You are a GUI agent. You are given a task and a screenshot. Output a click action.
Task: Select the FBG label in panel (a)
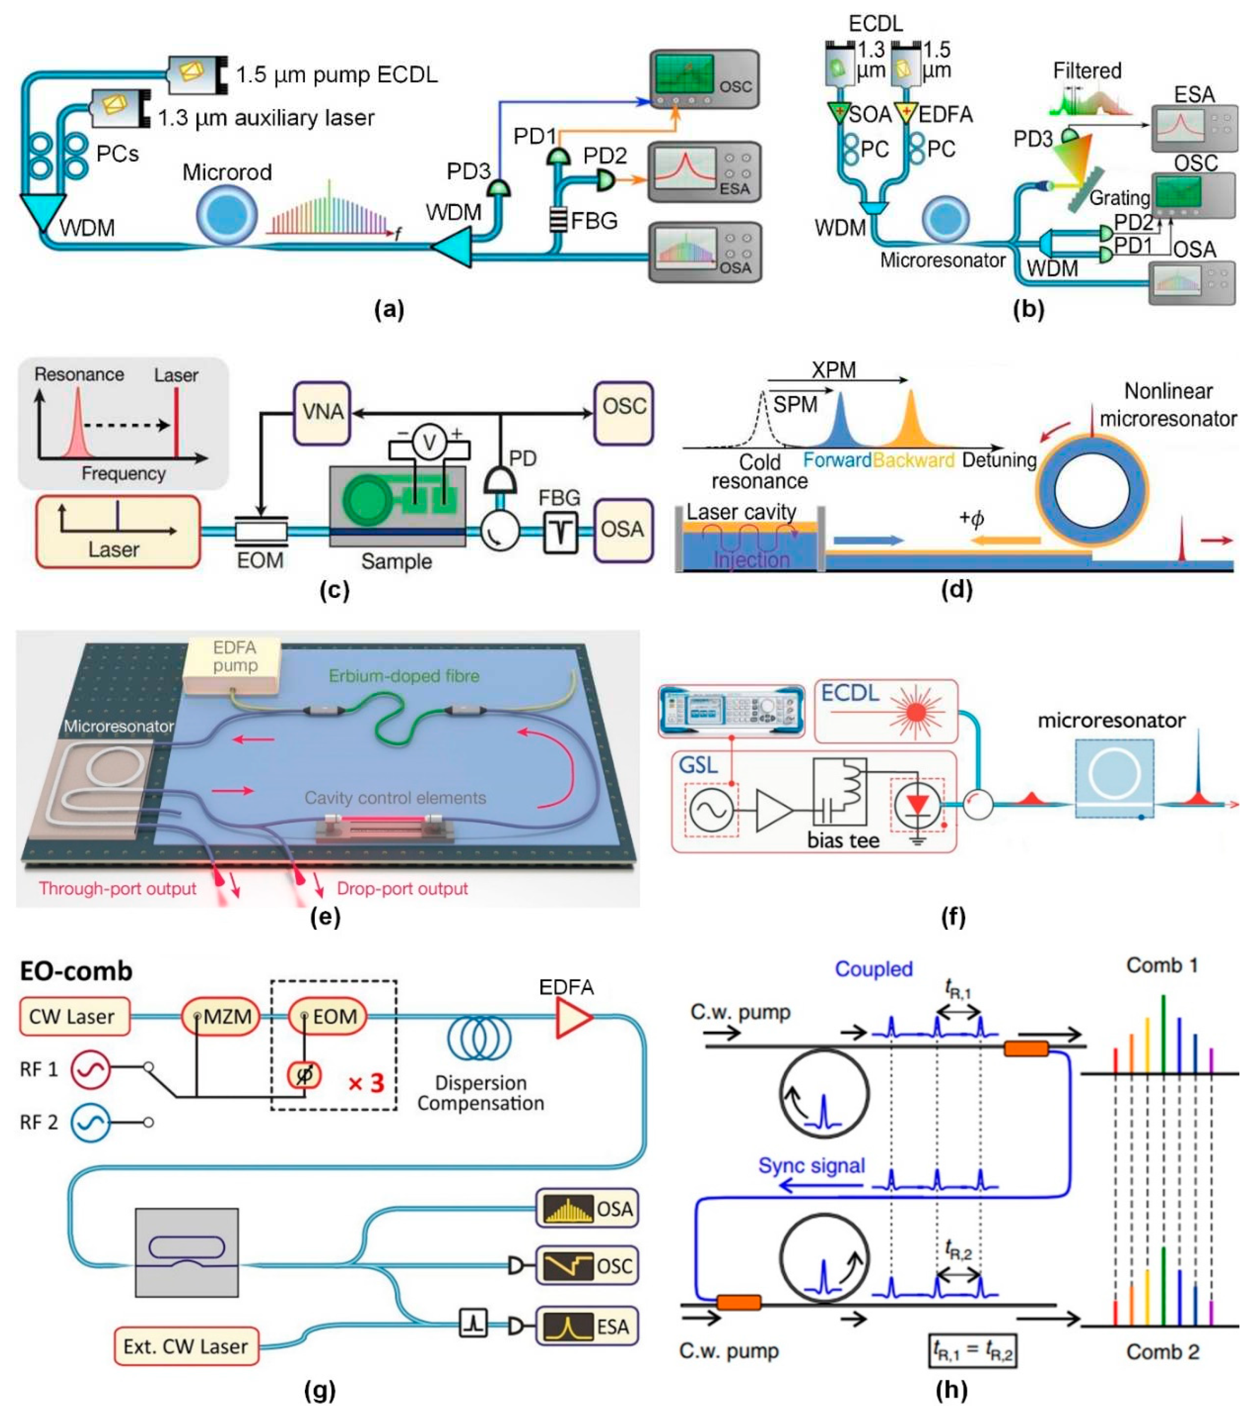click(x=593, y=221)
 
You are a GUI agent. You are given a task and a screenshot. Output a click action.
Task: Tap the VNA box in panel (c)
click(x=322, y=412)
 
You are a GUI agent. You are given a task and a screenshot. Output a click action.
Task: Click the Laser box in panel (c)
click(x=118, y=531)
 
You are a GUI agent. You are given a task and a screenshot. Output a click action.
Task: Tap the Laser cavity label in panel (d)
click(x=741, y=512)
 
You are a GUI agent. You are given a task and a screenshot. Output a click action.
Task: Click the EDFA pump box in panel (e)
click(x=234, y=664)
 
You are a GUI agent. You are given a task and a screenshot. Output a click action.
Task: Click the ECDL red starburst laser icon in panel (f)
click(x=916, y=711)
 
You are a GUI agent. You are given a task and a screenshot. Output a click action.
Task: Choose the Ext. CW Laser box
click(x=186, y=1346)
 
